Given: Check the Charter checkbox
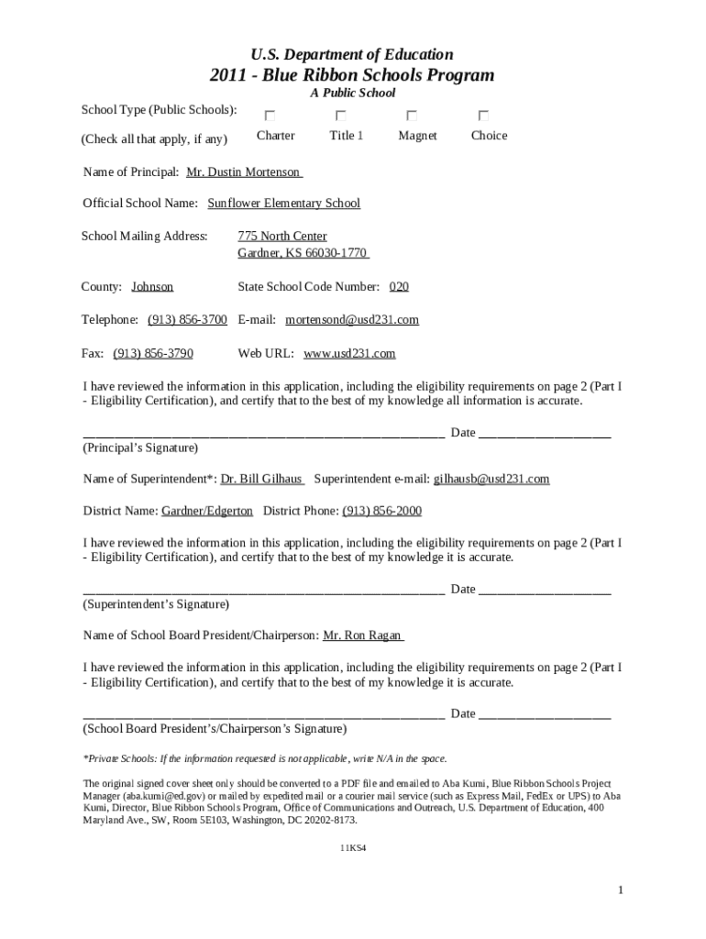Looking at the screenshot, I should click(x=270, y=116).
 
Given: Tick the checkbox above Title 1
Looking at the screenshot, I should click(x=341, y=116).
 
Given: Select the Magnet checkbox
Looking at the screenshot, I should click(x=413, y=116).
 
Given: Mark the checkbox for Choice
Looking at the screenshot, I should click(x=483, y=116).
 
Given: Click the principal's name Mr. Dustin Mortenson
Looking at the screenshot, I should click(x=243, y=171).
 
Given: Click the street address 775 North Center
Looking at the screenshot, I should click(x=282, y=236).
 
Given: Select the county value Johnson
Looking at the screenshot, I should click(x=152, y=286).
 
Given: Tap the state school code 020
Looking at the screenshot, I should click(x=399, y=286).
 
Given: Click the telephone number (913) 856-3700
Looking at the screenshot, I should click(x=187, y=319).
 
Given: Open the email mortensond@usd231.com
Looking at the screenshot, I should click(x=352, y=319).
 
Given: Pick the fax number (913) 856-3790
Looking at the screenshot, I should click(x=153, y=352).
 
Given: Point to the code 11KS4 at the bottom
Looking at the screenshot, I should click(x=353, y=848).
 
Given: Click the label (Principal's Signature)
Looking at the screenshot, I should click(x=140, y=447).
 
